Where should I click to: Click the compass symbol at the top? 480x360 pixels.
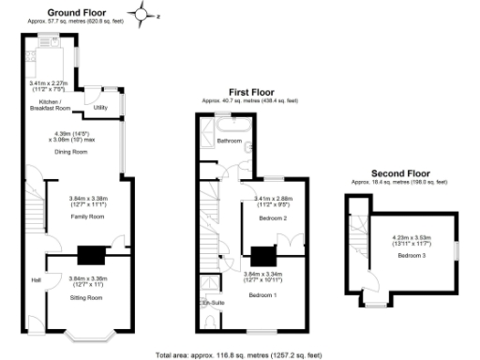(142, 13)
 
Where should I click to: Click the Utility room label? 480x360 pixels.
(100, 108)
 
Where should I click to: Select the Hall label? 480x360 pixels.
(36, 280)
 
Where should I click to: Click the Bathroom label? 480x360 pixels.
(230, 142)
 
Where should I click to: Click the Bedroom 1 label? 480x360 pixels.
(262, 294)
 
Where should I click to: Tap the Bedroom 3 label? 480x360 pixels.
(411, 255)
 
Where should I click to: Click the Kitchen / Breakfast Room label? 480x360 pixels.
(46, 104)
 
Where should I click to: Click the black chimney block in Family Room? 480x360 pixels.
(91, 255)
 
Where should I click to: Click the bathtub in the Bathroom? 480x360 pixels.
(228, 123)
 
